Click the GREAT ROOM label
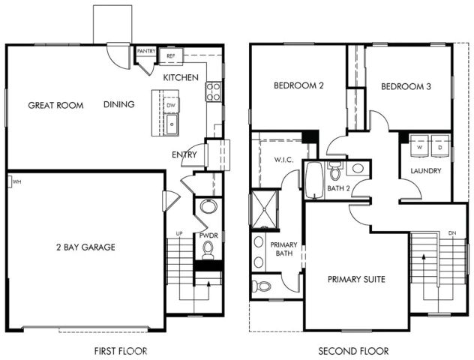click(55, 105)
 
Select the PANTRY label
click(147, 52)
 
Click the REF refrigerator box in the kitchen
click(171, 55)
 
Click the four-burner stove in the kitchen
click(213, 91)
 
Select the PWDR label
click(208, 235)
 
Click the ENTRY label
click(184, 155)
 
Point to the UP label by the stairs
click(179, 234)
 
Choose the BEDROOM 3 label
click(406, 86)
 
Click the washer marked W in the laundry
click(420, 147)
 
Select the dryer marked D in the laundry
click(439, 147)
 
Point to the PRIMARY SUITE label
click(356, 279)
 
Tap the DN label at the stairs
click(451, 233)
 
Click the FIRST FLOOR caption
click(121, 350)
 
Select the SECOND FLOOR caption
click(353, 350)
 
